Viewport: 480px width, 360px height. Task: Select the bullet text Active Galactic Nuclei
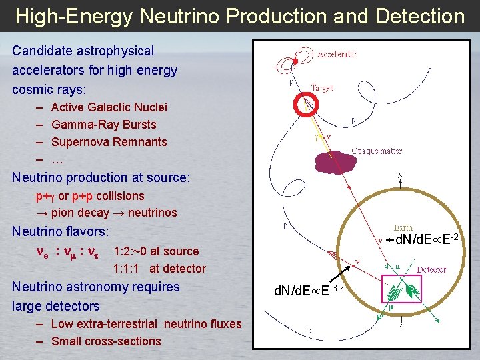coord(109,107)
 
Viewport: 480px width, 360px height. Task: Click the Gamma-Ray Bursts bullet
coord(103,125)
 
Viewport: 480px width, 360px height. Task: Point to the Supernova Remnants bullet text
coord(109,142)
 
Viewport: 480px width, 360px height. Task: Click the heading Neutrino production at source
coord(101,178)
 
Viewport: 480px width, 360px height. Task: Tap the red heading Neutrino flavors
coord(60,232)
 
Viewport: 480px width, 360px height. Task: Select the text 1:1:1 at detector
coord(159,269)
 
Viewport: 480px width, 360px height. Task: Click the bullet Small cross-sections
coord(106,341)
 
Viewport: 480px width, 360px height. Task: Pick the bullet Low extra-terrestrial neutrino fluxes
coord(146,324)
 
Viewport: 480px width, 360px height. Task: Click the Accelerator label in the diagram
coord(337,54)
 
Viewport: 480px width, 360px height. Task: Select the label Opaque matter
coord(377,151)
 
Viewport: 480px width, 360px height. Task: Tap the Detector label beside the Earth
coord(431,270)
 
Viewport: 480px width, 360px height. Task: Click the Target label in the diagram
coord(322,88)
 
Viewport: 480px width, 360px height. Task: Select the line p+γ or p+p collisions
coord(89,196)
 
